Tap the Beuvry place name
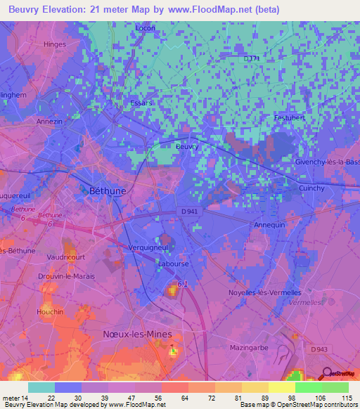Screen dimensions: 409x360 [x=185, y=147]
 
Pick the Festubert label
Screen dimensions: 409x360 [x=288, y=117]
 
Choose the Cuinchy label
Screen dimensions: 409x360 [x=311, y=188]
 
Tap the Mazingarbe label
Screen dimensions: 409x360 [x=250, y=347]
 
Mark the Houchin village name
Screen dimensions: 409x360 [x=50, y=312]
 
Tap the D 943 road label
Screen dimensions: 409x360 [x=320, y=349]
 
